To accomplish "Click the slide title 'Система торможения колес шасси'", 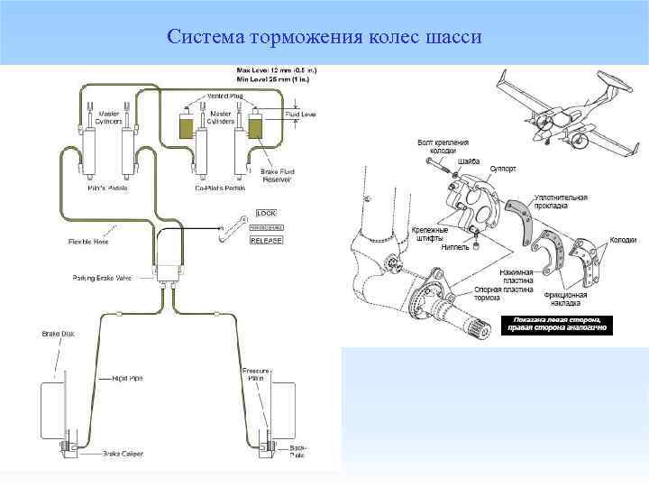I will pos(324,38).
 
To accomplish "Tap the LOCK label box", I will pos(267,213).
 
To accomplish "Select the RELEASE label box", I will pos(267,241).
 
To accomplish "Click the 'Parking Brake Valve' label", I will pos(102,278).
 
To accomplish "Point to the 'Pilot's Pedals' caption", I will pos(107,188).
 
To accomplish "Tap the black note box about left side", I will pos(562,325).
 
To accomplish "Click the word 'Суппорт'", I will pos(503,168).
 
